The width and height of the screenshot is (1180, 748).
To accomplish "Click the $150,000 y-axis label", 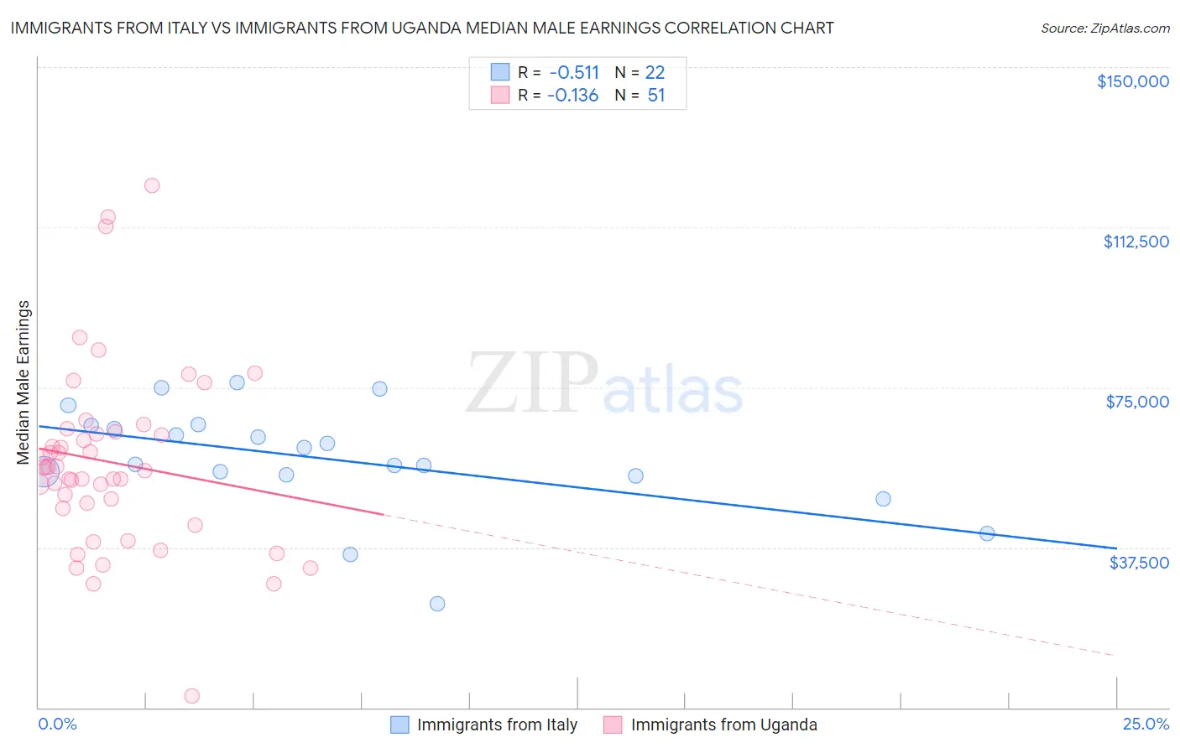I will [1132, 81].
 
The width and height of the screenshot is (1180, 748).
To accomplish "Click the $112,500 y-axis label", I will [1136, 242].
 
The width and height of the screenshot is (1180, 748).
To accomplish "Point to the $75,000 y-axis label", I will [1137, 402].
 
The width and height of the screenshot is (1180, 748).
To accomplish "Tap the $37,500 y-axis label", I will [1139, 563].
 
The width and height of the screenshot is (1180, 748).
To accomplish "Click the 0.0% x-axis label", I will [58, 725].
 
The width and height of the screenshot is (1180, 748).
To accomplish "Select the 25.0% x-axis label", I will [1146, 725].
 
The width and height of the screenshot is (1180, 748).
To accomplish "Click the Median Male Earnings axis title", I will [23, 382].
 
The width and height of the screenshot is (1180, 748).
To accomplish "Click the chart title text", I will [422, 28].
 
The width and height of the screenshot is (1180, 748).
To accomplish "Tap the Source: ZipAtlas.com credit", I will [1104, 29].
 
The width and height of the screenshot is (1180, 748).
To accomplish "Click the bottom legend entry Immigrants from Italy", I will [497, 725].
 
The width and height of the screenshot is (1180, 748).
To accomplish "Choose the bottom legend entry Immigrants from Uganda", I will [723, 725].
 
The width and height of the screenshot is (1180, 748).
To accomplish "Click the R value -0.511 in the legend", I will [574, 72].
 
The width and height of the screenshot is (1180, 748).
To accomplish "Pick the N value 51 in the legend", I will [656, 96].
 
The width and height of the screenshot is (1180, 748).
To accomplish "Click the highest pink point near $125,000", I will [152, 185].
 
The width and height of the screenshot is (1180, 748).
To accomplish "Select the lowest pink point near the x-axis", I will [191, 696].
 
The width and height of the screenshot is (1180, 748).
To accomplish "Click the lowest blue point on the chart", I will [437, 604].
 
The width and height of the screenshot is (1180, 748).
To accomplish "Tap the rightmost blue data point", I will [987, 533].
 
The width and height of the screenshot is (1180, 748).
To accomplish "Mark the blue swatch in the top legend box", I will [500, 72].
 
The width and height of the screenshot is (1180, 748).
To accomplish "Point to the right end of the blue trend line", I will [1115, 548].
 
